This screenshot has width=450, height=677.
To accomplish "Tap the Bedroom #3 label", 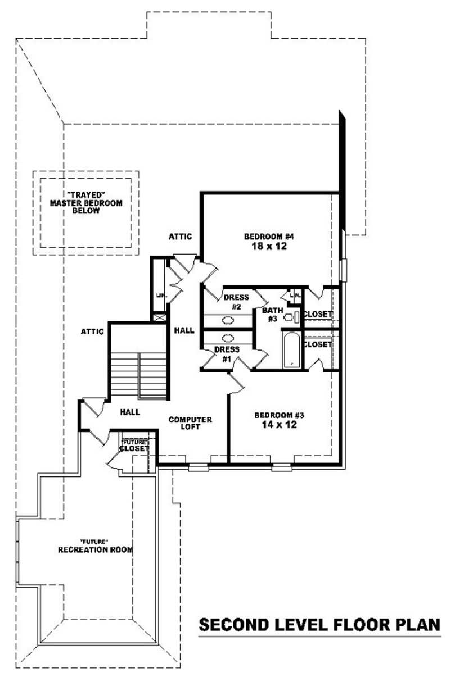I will pos(280,415).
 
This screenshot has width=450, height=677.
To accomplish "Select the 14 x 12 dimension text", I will pos(280,425).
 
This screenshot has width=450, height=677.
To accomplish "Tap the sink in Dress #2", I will pos(228,321).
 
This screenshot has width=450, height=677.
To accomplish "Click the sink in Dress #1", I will pos(228,338).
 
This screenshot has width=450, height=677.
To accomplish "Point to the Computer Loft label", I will pos(190,423).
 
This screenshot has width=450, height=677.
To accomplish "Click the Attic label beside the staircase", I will pos(92,331).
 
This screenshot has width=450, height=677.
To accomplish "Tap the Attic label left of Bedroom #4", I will pos(181,237).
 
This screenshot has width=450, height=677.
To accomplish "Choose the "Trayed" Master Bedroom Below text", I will pos(85,203).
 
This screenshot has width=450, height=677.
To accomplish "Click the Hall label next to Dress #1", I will pos(184,330).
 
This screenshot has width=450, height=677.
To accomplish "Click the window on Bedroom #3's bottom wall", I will pos(282,466).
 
